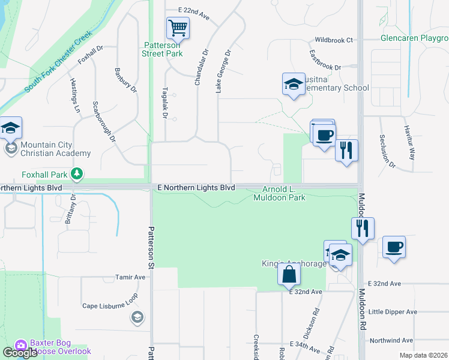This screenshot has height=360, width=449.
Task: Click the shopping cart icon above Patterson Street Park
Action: [x=178, y=28]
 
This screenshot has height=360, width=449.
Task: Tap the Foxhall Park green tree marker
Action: [x=77, y=174]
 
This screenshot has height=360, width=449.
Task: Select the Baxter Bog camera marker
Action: [x=21, y=346]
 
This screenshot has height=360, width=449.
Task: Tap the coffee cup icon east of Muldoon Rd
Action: [x=394, y=247]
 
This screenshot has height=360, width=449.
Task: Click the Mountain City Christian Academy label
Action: [x=55, y=149]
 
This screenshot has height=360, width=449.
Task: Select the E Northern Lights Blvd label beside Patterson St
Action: [x=196, y=188]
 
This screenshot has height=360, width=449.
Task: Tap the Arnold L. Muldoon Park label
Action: [x=279, y=193]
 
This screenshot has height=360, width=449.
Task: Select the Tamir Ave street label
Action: [x=130, y=278]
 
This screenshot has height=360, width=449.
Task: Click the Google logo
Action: [x=20, y=353]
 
